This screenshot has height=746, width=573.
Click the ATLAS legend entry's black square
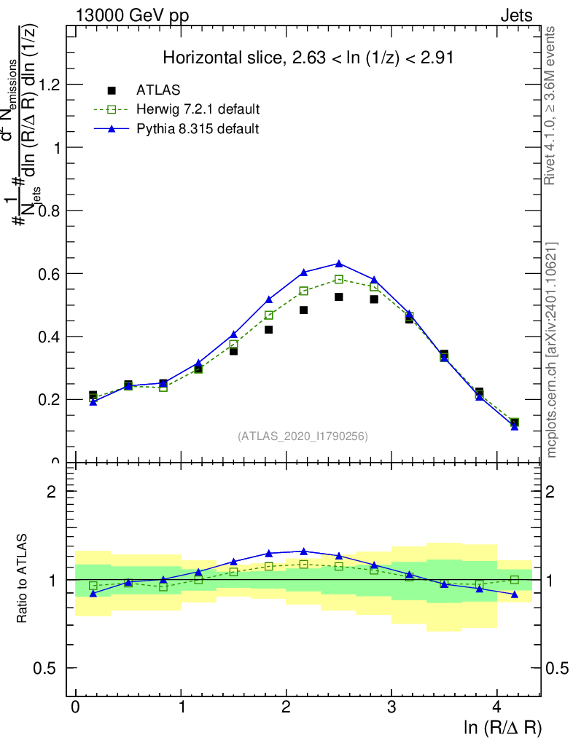click(112, 90)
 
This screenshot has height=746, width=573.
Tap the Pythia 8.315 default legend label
click(197, 128)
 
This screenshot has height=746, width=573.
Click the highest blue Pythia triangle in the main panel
click(339, 263)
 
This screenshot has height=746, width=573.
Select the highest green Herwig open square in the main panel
click(339, 279)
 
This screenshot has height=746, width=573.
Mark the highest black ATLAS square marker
click(339, 297)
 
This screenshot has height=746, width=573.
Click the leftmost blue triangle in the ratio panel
click(93, 594)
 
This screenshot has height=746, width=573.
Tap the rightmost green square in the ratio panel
click(515, 580)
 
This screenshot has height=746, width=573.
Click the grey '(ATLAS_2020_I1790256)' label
click(303, 436)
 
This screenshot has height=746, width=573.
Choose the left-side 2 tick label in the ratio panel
click(52, 491)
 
